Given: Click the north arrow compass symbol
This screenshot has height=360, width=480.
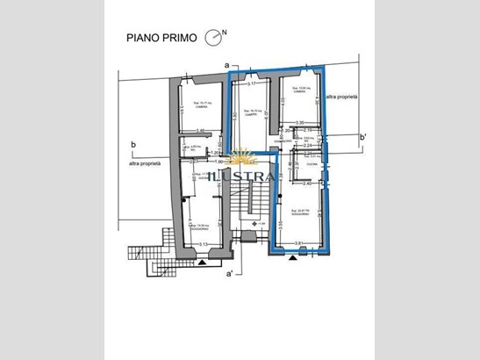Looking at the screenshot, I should tap(213, 37).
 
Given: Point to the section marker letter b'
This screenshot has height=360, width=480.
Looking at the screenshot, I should tap(362, 137).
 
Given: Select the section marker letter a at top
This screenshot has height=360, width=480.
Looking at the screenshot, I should tap(226, 66).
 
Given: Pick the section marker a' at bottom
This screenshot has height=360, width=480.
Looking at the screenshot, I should tap(229, 274).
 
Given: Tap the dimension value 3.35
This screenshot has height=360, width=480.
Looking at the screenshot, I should tap(299, 123).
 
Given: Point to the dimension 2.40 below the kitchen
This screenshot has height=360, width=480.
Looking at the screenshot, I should tap(307, 184).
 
